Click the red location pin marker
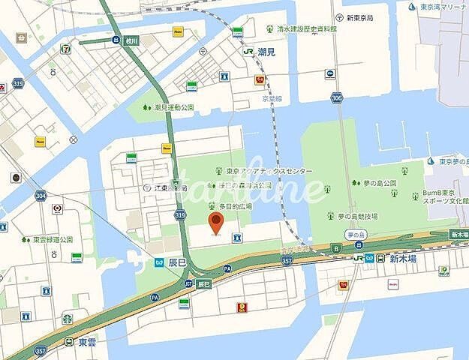coord(216,222)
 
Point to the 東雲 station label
coord(86,341)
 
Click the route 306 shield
coord(336,97)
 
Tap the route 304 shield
coord(40,195)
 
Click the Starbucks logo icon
coord(67,319)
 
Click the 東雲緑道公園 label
coord(52,239)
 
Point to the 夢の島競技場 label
coord(356,216)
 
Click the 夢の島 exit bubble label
coord(356,234)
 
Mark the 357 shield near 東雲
coord(41,350)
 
